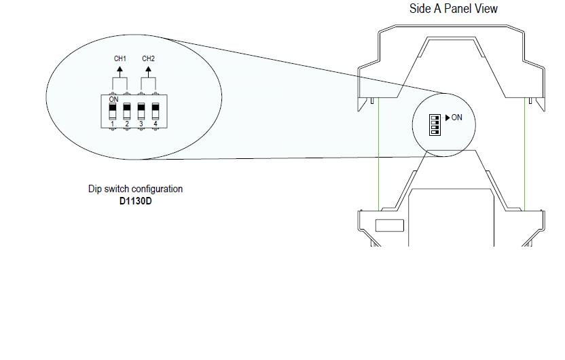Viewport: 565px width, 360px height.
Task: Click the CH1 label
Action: coord(120,58)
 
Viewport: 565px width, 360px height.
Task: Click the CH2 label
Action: coord(148,58)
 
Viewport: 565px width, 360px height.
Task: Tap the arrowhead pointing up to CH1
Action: coord(120,69)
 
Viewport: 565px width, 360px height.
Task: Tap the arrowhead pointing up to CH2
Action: coord(148,69)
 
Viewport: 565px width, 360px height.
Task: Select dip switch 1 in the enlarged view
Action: coord(113,111)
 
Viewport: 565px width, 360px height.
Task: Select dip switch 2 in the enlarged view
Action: coord(127,111)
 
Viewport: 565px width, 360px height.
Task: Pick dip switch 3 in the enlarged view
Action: coord(141,111)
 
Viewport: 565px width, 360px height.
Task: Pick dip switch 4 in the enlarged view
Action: coord(156,111)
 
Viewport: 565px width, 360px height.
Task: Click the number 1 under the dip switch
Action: coord(113,124)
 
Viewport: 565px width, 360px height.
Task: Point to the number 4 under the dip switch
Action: coord(156,124)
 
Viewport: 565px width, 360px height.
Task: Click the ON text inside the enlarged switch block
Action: coord(113,99)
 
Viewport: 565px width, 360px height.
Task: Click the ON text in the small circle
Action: coord(456,118)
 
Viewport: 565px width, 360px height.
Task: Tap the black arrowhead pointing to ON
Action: coord(448,118)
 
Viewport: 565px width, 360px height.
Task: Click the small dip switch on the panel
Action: coord(435,125)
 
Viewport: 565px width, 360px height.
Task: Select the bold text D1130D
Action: coord(136,201)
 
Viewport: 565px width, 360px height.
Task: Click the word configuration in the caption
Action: coord(157,190)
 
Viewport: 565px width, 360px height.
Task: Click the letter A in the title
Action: coord(437,8)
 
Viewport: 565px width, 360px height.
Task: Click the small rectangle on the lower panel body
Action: coord(390,226)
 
